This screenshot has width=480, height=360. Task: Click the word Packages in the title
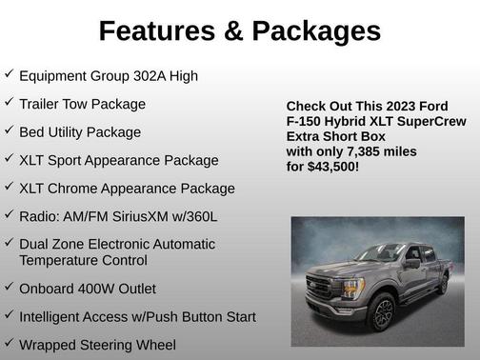pos(313,31)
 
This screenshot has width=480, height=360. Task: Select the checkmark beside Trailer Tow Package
pos(9,102)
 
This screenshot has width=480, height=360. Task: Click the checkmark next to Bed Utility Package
pos(9,130)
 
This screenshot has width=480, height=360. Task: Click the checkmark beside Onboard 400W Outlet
pos(9,287)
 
